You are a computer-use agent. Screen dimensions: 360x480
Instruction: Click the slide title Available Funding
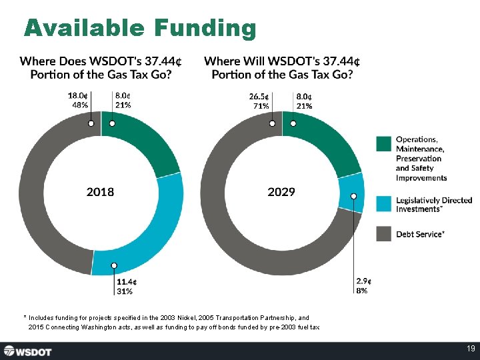[140, 28]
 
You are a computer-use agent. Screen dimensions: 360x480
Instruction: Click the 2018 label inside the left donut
[100, 192]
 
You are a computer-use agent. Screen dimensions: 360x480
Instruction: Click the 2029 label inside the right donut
[281, 192]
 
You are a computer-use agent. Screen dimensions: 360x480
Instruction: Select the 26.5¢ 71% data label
[259, 100]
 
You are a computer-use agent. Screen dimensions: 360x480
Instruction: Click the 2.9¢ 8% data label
[363, 286]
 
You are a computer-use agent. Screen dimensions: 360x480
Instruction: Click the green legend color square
[383, 144]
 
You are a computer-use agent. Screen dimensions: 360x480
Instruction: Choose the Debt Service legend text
[421, 234]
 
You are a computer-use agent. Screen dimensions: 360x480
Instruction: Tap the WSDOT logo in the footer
[31, 351]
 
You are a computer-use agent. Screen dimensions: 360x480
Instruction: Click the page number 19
[471, 349]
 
